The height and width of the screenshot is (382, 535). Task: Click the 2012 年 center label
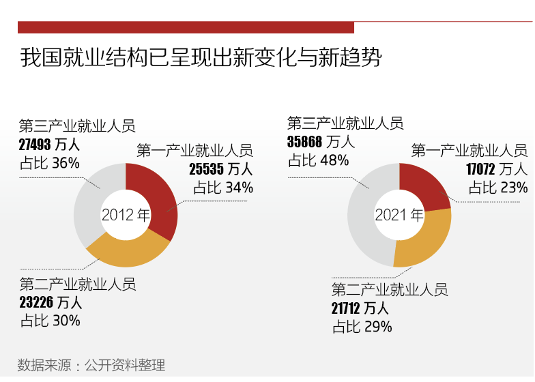(x=126, y=215)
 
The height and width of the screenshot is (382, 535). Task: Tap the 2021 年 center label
(x=399, y=215)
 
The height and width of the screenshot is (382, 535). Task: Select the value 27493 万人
(x=50, y=145)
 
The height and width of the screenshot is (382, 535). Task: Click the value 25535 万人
(x=220, y=168)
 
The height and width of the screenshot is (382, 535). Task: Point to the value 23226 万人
(x=50, y=302)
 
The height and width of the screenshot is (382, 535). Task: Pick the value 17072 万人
(x=496, y=168)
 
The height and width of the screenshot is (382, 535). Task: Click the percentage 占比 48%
(x=319, y=160)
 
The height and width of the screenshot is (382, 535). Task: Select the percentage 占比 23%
(x=497, y=187)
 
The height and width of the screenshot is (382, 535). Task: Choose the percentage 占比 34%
(x=223, y=187)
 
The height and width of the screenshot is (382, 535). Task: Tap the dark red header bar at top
(x=186, y=27)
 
